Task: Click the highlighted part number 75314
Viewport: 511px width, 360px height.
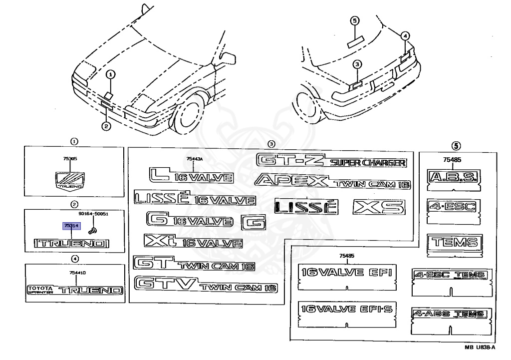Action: pyautogui.click(x=70, y=226)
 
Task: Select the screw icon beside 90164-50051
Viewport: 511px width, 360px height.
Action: pyautogui.click(x=92, y=230)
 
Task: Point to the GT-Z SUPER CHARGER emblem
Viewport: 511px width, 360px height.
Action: pyautogui.click(x=331, y=161)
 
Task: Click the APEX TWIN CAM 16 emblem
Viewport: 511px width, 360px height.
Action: pyautogui.click(x=332, y=182)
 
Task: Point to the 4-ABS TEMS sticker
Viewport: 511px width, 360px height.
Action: pyautogui.click(x=449, y=314)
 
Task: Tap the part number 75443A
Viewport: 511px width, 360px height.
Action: pyautogui.click(x=195, y=159)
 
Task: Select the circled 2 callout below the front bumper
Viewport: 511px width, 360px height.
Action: pyautogui.click(x=106, y=126)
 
